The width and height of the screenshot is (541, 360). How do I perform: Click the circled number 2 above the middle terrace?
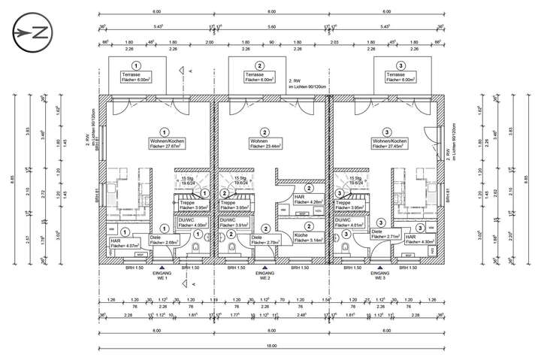pos(260,65)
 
